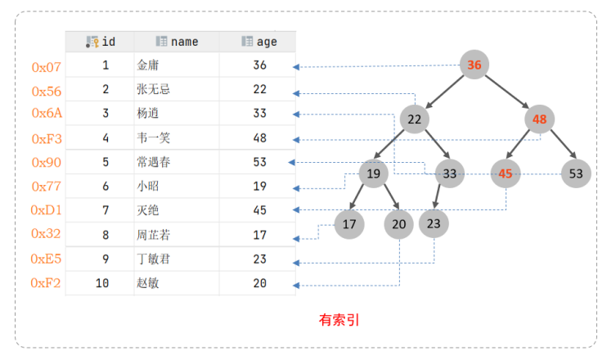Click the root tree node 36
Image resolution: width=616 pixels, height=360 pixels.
(x=474, y=65)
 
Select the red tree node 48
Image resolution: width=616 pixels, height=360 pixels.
(x=539, y=119)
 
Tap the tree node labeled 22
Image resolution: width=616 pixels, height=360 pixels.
(x=415, y=119)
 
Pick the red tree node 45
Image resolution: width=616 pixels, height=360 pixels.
(x=506, y=173)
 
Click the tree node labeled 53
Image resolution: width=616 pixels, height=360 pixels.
(x=576, y=173)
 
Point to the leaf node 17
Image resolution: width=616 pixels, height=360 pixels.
(x=349, y=223)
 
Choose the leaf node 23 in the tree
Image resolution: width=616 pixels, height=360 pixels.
(x=434, y=223)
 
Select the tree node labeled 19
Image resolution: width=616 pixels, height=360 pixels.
(x=373, y=173)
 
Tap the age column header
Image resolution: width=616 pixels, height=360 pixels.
(x=259, y=42)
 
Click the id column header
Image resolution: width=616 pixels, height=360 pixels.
(x=101, y=42)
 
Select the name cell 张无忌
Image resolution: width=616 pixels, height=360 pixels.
(x=154, y=89)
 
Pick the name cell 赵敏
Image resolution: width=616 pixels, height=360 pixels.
(x=148, y=283)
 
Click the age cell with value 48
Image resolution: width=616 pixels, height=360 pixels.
(x=259, y=138)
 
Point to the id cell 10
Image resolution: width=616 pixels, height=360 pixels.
(x=102, y=283)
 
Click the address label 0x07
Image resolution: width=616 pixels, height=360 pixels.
(x=47, y=67)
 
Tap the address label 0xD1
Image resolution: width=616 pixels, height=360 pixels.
(x=47, y=210)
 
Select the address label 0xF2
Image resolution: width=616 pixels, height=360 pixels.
(x=47, y=283)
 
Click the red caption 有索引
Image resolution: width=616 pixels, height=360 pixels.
(x=339, y=321)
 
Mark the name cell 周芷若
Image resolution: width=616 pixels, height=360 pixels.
(x=154, y=235)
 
